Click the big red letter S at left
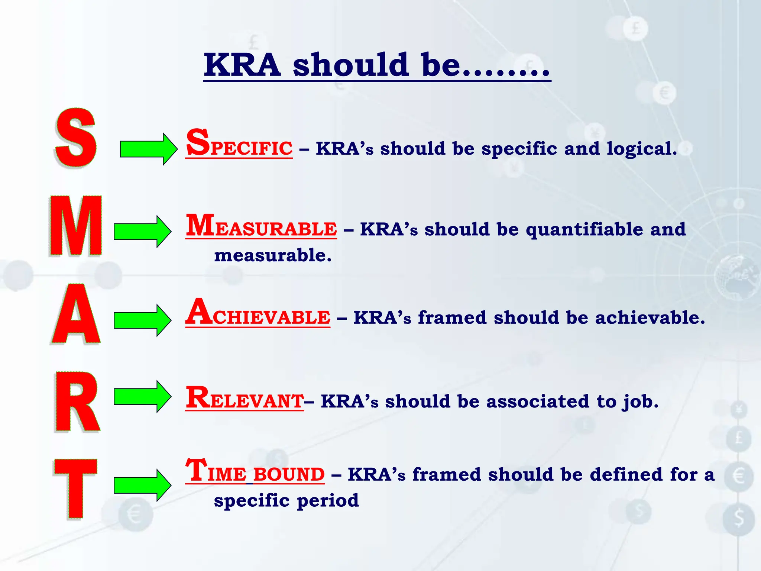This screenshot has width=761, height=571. coord(76,138)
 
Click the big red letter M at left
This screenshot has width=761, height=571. coord(76,226)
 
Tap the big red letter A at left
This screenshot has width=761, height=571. coord(76,314)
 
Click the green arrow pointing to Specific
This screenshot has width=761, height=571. coord(149,149)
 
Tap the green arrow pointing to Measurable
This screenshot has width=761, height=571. coord(142,231)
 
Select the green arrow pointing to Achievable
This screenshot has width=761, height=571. coord(142,320)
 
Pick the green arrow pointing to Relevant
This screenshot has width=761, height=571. coord(142,396)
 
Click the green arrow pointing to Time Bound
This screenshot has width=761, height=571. coord(142,485)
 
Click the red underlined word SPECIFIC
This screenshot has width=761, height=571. coord(239,145)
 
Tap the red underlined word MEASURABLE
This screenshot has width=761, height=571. coord(261,226)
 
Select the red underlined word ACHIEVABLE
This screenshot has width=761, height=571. coord(258,314)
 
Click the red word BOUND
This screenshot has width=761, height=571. coord(289,475)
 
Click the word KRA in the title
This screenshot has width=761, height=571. coord(242,65)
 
